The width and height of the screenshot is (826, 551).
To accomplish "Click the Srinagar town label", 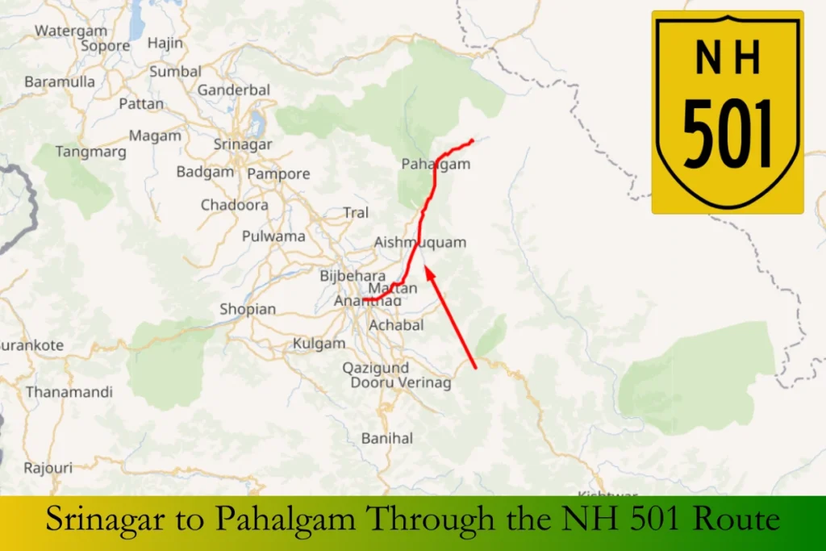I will click(x=243, y=144).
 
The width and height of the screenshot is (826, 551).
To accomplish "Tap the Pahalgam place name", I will click(x=436, y=165).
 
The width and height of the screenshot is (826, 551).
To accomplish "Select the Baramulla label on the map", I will click(x=60, y=81).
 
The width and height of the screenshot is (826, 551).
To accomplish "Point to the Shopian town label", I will click(x=248, y=309).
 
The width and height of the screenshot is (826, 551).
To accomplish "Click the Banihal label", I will click(x=387, y=438).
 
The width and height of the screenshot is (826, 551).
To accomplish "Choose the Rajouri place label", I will click(x=48, y=468).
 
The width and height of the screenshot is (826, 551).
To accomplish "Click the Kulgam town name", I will click(x=319, y=343).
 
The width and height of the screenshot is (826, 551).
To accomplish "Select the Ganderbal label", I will click(x=234, y=90).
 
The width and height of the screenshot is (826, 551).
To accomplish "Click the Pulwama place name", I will click(x=273, y=236).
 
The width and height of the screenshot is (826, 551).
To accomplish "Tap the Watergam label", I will click(x=71, y=31).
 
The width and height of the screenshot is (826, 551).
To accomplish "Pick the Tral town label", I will click(x=356, y=213).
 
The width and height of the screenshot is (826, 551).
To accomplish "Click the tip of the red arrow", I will click(x=426, y=265).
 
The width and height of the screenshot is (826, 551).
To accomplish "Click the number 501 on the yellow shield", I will click(x=728, y=133).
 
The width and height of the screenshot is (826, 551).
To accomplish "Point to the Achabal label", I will click(x=396, y=325).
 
